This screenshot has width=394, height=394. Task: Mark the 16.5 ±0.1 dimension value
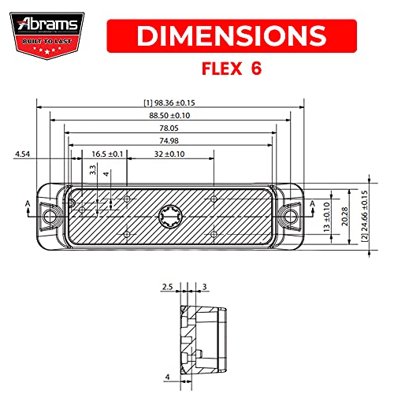coord(107,154)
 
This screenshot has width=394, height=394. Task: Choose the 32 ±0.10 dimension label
coord(169,154)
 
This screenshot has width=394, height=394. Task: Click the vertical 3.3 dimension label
coord(93,169)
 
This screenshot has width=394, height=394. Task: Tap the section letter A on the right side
coord(313,204)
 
